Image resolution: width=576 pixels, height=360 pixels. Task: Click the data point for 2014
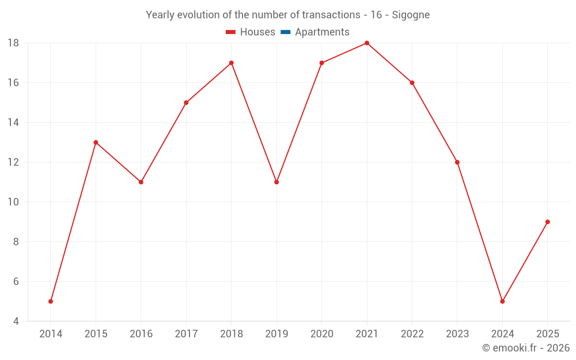(x=51, y=301)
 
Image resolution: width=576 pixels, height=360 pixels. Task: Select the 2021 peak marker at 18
(x=367, y=43)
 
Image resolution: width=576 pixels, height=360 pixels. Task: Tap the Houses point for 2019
(x=276, y=182)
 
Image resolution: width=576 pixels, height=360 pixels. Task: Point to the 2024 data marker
(x=502, y=301)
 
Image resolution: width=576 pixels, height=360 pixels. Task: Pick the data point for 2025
(x=547, y=222)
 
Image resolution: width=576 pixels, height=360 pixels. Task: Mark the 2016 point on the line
(x=141, y=182)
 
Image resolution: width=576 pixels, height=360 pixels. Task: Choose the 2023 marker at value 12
(x=457, y=162)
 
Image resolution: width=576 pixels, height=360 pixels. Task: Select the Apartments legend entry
(x=322, y=32)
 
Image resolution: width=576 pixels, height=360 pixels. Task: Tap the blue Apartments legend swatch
(x=285, y=32)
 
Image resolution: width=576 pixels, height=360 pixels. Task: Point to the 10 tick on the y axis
(x=13, y=202)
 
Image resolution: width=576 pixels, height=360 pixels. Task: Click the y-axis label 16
(x=13, y=83)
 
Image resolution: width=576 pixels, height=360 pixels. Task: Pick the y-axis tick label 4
(x=16, y=321)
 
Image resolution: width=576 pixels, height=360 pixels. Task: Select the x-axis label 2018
(x=231, y=334)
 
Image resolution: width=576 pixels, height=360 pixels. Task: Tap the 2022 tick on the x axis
(x=412, y=334)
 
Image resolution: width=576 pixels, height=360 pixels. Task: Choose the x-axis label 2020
(x=321, y=334)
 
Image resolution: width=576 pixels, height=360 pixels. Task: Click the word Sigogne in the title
(x=411, y=15)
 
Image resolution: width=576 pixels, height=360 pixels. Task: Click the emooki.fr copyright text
(x=526, y=348)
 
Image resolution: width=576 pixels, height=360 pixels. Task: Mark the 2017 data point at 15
(x=186, y=103)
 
